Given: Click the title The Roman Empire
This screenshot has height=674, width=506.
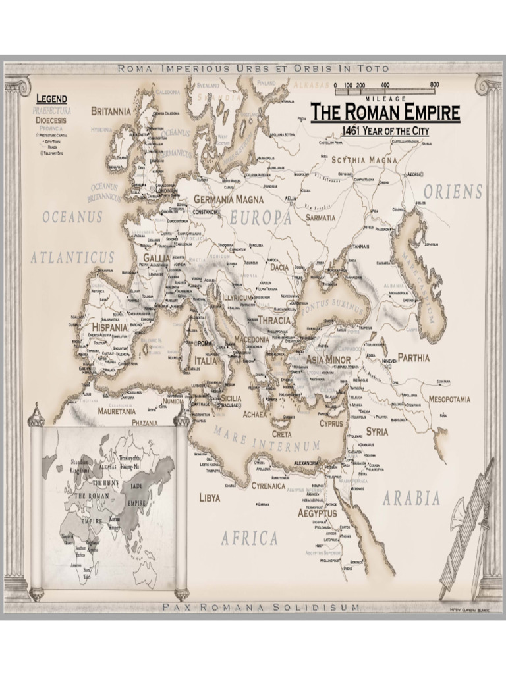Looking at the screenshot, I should [x=385, y=112].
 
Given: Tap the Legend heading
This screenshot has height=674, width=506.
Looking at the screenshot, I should [x=51, y=99].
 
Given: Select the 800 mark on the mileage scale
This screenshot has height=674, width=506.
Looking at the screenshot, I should [x=434, y=85].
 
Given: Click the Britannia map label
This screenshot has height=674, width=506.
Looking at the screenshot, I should [x=111, y=111].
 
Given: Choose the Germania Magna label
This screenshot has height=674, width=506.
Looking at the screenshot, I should [x=223, y=199].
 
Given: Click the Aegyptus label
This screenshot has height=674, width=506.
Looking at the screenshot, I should [x=317, y=513].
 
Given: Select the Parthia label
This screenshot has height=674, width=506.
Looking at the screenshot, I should [x=413, y=358].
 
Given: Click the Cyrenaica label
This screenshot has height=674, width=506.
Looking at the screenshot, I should [x=268, y=486].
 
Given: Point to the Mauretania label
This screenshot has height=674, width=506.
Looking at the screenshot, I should [x=117, y=410].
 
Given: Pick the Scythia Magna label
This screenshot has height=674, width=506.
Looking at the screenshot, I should [x=364, y=160].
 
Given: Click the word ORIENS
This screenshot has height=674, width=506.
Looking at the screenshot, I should [x=453, y=192].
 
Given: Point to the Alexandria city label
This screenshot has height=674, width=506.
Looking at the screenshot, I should [x=310, y=463].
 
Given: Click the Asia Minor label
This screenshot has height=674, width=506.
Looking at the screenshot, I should [x=328, y=360].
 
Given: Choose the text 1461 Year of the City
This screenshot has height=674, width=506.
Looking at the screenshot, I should [x=385, y=131].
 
